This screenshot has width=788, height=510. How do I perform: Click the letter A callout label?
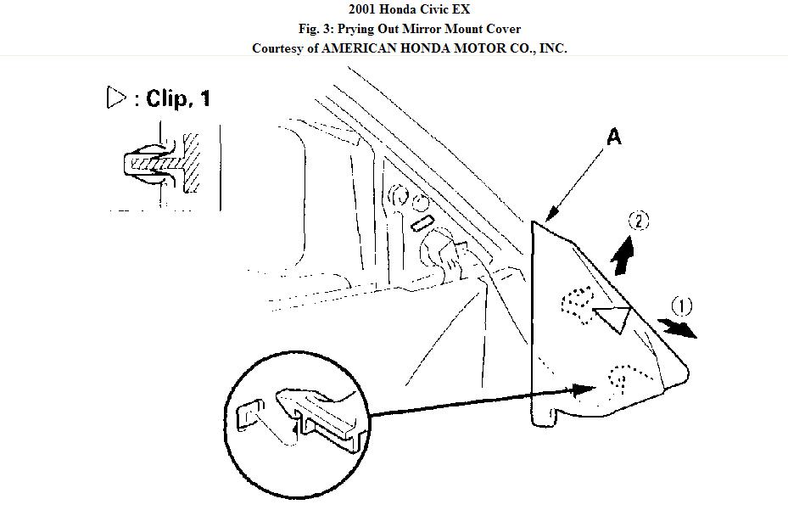613,137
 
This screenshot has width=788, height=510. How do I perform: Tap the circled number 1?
681,306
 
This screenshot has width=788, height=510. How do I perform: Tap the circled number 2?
638,221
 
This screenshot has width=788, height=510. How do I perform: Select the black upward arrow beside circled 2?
623,255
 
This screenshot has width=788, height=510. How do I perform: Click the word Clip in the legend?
167,98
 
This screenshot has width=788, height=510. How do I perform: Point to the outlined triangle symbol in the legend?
116,98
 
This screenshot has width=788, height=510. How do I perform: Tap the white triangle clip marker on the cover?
613,318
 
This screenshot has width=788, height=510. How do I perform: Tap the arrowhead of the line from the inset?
585,390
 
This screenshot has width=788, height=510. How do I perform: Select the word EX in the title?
461,11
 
